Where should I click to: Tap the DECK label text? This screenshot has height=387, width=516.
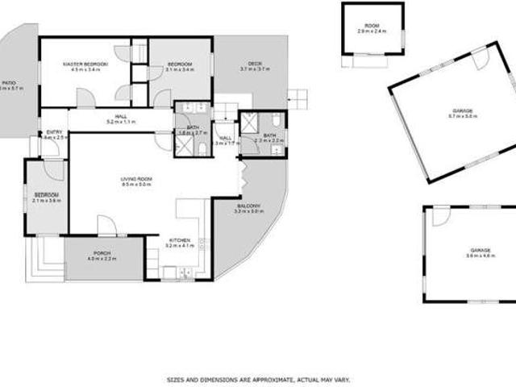255,64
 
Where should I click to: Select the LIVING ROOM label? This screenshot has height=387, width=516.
135,178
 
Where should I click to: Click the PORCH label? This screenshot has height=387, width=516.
102,252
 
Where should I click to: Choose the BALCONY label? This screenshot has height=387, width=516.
248,206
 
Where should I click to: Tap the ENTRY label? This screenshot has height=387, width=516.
55,132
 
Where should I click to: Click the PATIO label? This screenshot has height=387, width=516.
8,82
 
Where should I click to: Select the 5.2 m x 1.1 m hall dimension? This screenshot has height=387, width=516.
121,123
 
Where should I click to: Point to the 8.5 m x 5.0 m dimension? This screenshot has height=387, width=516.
135,185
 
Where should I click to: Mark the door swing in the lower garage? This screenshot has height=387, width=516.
441,216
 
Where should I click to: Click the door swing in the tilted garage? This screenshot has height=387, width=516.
481,58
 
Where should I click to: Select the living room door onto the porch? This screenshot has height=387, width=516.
106,226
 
